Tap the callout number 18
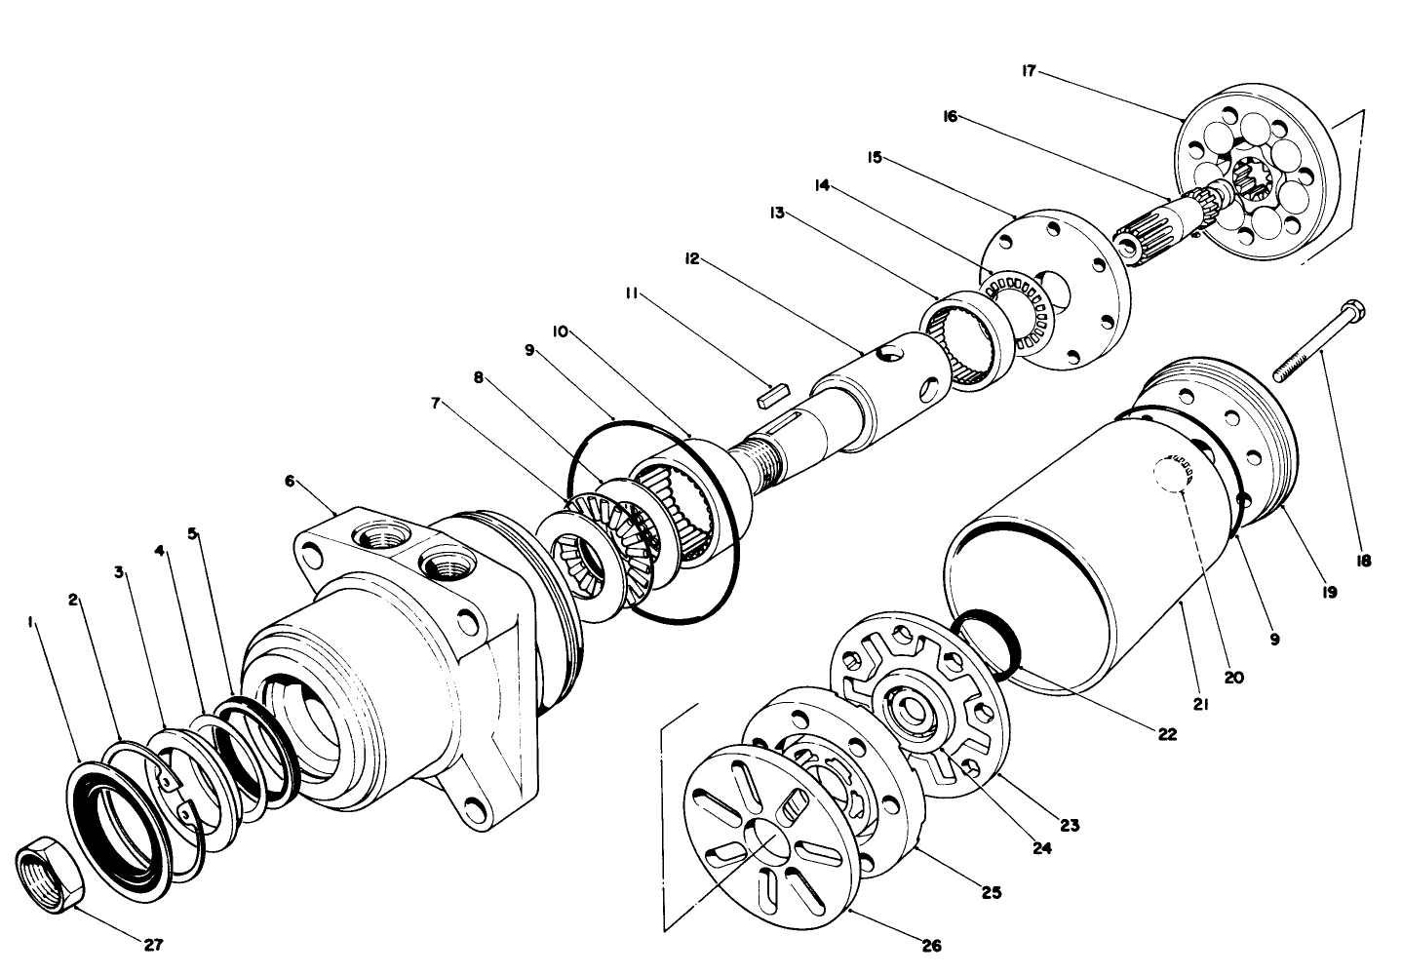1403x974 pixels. [1362, 561]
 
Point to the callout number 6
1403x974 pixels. [290, 481]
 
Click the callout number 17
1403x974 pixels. [1029, 71]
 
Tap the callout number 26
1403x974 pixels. [933, 944]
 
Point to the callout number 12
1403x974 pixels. [692, 258]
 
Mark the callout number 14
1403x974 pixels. [822, 184]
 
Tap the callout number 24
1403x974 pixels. [1042, 848]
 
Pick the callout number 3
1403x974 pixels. [120, 572]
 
